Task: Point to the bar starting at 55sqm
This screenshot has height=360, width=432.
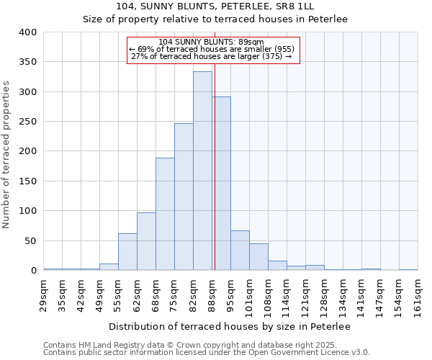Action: click(x=127, y=252)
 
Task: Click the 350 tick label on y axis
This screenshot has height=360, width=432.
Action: click(x=27, y=63)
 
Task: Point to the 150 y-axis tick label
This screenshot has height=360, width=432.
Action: click(x=27, y=181)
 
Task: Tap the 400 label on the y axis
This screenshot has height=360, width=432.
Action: click(x=27, y=32)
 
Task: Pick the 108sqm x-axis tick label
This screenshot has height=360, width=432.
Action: click(x=268, y=295)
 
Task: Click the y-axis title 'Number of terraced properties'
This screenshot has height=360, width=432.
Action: click(x=7, y=155)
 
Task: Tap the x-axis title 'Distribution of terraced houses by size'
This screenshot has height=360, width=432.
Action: click(x=230, y=327)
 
